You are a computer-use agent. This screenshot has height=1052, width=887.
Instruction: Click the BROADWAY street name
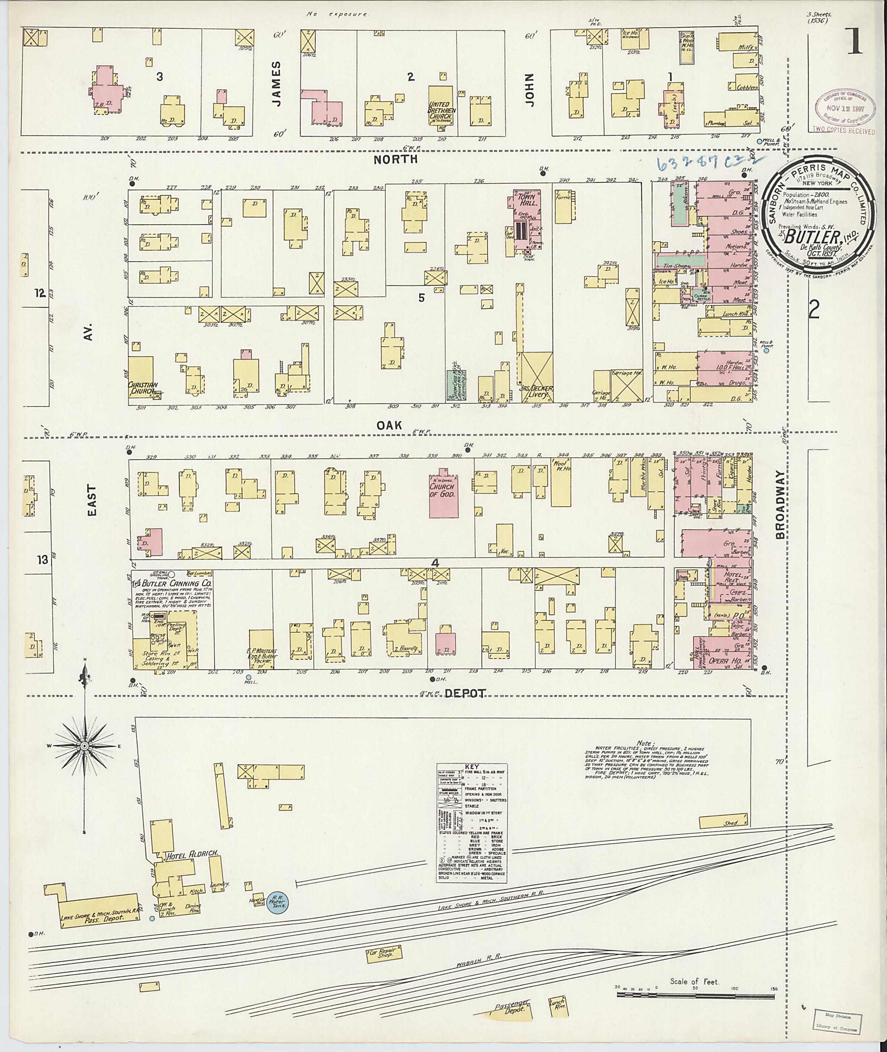click(x=780, y=505)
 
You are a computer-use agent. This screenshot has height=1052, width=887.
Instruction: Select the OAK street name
click(x=390, y=425)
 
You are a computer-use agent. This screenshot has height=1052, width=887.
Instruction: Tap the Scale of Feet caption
click(x=694, y=981)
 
